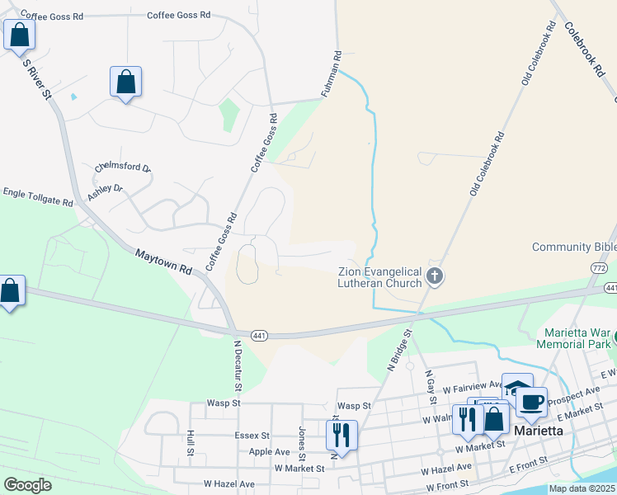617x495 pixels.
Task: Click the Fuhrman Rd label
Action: [337, 73]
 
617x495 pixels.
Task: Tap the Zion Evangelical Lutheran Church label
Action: [380, 277]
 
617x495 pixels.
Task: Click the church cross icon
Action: [435, 277]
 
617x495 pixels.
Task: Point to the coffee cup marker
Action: [532, 403]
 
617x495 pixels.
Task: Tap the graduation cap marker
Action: [517, 389]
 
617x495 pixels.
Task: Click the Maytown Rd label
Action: [163, 262]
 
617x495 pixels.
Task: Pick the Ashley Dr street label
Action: [105, 194]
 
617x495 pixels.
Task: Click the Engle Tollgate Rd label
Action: [38, 195]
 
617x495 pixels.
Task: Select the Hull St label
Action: [190, 441]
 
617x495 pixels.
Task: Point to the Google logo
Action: [27, 485]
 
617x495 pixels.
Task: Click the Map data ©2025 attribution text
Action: [582, 488]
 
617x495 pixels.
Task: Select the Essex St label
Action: [253, 436]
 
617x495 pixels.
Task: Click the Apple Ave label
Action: [269, 452]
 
